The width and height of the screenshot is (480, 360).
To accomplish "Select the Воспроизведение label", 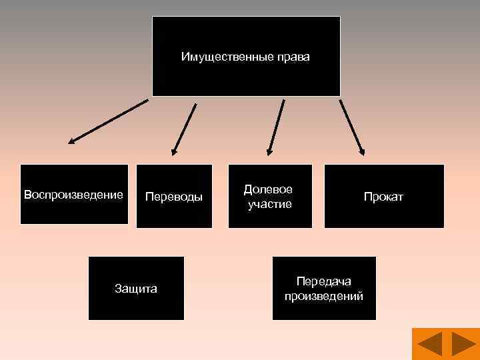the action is (x=73, y=195).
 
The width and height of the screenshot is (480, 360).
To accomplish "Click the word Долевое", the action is (x=268, y=190).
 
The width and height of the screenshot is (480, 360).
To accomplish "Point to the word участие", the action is (x=270, y=204).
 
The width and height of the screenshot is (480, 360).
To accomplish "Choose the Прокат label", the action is (x=383, y=197).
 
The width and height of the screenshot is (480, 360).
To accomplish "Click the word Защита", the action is (x=136, y=289).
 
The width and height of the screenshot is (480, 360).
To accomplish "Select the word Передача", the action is (x=324, y=281).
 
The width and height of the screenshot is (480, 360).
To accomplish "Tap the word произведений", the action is (x=324, y=296).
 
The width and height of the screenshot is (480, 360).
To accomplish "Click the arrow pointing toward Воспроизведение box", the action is (x=109, y=121).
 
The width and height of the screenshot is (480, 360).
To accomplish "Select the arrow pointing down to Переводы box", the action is (x=185, y=129).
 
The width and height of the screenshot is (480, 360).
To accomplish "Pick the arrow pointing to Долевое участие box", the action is (x=277, y=127).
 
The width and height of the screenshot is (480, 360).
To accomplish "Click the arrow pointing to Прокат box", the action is (x=352, y=127).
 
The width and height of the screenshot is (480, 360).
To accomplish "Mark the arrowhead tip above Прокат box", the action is (x=364, y=155).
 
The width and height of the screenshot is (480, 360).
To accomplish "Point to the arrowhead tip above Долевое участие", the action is (x=269, y=155).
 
